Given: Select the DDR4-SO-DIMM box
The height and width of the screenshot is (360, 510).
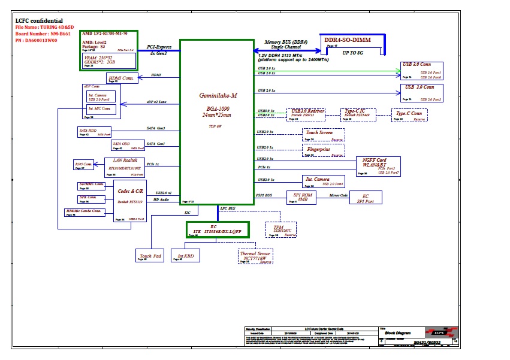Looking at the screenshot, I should click(x=347, y=43).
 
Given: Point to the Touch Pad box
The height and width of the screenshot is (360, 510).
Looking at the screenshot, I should click(x=149, y=255).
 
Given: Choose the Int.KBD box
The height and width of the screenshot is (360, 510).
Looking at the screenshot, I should click(x=185, y=255).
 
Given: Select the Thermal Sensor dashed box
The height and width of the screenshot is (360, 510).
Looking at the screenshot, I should click(x=256, y=256).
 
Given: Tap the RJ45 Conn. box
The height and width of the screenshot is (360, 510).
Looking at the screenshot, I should click(x=83, y=165).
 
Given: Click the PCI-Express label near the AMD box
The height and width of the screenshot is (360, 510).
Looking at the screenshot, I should click(x=159, y=47).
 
